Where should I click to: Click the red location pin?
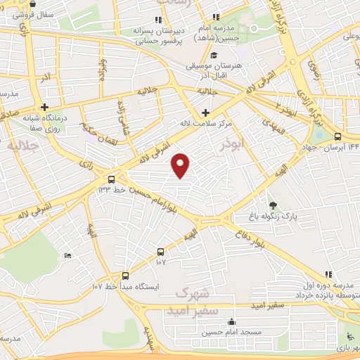pos(181,164)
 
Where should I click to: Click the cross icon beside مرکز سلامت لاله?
pos(205,112)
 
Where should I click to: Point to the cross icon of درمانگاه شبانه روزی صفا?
pos(44,108)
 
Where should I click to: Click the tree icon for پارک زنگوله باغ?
pos(273,205)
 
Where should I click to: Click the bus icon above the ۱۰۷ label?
pos(161,251)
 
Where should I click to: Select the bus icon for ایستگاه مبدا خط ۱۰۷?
pos(126,276)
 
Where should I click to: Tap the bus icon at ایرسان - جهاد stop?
pos(338,137)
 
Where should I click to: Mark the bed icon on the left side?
pos(67,255)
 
